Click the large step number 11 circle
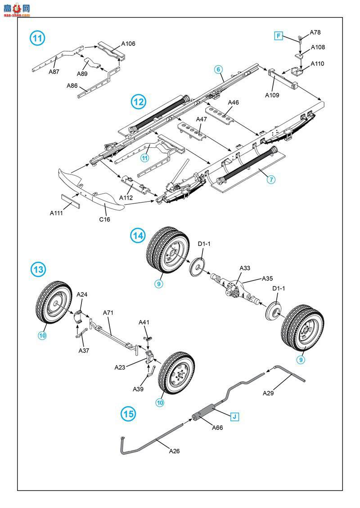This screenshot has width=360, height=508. point(38,38)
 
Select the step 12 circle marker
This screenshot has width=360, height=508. point(139,102)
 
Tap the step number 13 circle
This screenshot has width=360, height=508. point(38,270)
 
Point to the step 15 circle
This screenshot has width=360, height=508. point(128,414)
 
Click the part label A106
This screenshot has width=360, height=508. point(128,44)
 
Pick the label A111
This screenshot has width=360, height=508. point(57,213)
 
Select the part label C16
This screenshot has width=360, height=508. point(104,219)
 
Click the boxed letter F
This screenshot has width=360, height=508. point(279,36)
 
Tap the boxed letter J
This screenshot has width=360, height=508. point(234,416)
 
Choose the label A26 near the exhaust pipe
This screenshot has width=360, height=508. point(174,451)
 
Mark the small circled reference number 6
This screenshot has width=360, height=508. point(218,69)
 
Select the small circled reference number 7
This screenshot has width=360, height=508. point(271,179)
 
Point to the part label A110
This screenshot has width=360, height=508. point(317,64)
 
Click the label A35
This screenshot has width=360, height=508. point(267,278)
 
